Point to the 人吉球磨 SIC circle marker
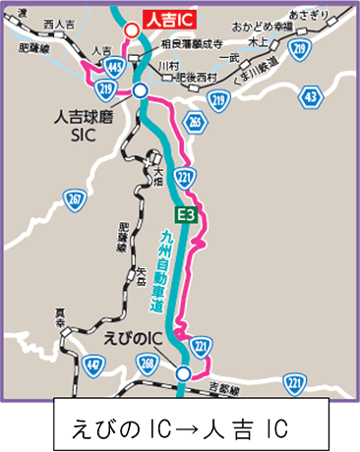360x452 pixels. pos(141,90)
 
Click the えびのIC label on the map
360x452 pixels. pos(132,337)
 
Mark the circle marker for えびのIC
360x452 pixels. pos(183,372)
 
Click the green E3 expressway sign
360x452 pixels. pos(187,214)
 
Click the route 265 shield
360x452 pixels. pos(194,121)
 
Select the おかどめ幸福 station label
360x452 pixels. pos(264,23)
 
